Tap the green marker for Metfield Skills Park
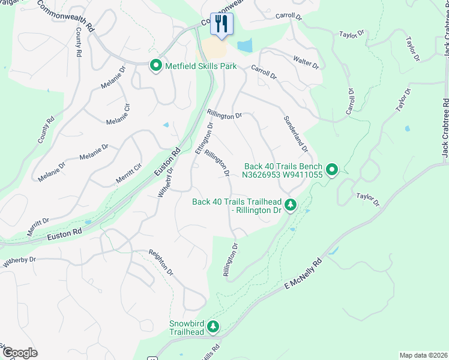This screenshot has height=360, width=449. (155, 66)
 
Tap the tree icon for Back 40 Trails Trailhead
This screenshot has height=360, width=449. (291, 206)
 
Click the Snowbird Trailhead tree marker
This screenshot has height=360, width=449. (212, 327)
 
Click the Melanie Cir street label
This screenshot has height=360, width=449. (119, 114)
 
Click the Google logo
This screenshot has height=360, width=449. (19, 352)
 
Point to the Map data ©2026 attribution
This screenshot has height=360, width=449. (423, 355)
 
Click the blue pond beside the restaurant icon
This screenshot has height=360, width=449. (245, 46)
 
